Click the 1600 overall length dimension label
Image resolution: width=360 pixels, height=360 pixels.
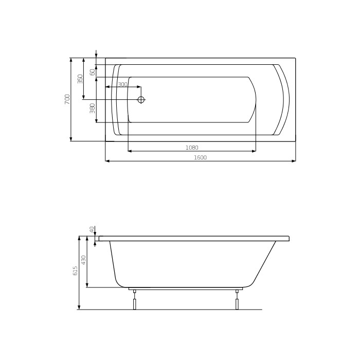pyautogui.click(x=200, y=157)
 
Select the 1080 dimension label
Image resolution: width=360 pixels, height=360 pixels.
pyautogui.click(x=192, y=148)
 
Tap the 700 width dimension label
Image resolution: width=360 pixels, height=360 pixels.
pyautogui.click(x=67, y=99)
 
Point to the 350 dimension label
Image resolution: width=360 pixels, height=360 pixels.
pyautogui.click(x=80, y=79)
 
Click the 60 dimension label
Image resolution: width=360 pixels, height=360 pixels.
pyautogui.click(x=93, y=72)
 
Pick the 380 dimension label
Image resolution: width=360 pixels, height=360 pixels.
pyautogui.click(x=93, y=108)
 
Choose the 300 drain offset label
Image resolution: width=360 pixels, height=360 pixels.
pyautogui.click(x=122, y=84)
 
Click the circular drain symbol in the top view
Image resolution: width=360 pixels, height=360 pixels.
pyautogui.click(x=141, y=100)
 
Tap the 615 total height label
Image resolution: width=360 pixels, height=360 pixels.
pyautogui.click(x=76, y=271)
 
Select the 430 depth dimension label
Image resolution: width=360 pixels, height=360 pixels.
pyautogui.click(x=84, y=260)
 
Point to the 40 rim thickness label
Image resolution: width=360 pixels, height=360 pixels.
pyautogui.click(x=92, y=229)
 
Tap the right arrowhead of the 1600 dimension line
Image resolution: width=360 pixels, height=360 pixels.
pyautogui.click(x=294, y=161)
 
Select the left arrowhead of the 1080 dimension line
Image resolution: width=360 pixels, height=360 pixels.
pyautogui.click(x=130, y=151)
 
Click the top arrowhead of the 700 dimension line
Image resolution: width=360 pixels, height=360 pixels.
pyautogui.click(x=71, y=60)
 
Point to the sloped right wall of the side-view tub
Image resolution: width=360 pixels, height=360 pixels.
pyautogui.click(x=265, y=262)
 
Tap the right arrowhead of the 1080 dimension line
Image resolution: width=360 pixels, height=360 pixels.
pyautogui.click(x=254, y=151)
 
